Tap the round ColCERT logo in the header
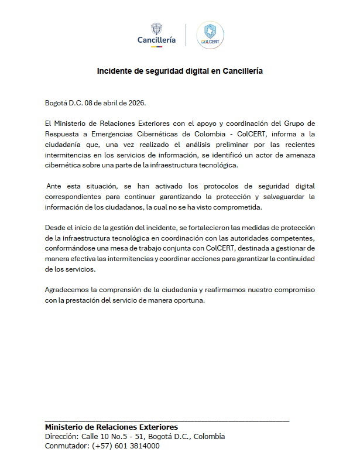(x=210, y=35)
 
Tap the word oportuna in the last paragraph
(x=188, y=300)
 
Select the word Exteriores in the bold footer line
(x=156, y=427)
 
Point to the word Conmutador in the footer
(x=66, y=446)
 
